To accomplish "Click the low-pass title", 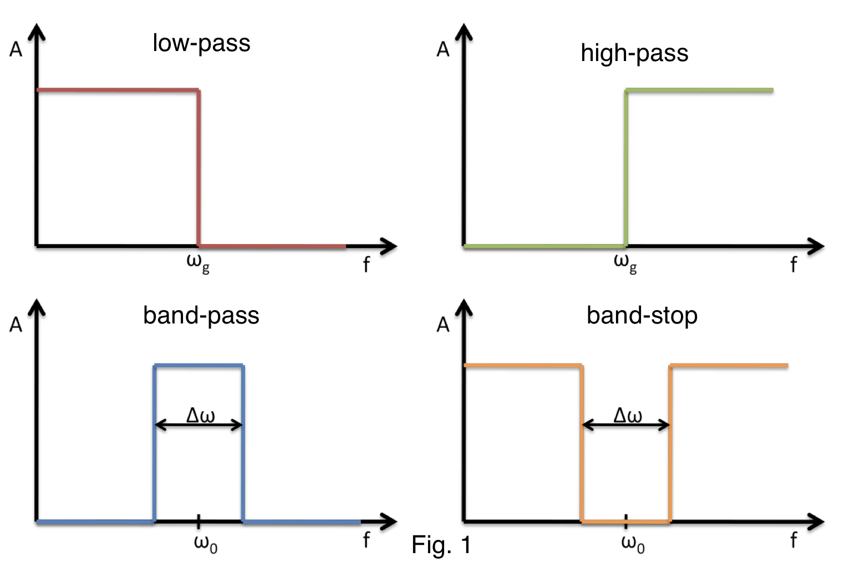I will pyautogui.click(x=201, y=43).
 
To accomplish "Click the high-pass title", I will pyautogui.click(x=634, y=53).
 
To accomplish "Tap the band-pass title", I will pyautogui.click(x=201, y=315).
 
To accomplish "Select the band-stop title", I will pyautogui.click(x=642, y=315).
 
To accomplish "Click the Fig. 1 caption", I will pyautogui.click(x=441, y=545).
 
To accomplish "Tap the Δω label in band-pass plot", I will pyautogui.click(x=200, y=415).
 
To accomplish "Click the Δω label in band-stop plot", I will pyautogui.click(x=628, y=415).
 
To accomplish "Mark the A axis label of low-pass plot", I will pyautogui.click(x=16, y=50).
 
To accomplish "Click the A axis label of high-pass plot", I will pyautogui.click(x=442, y=50).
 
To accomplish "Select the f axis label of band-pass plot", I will pyautogui.click(x=366, y=539).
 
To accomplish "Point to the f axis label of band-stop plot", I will pyautogui.click(x=793, y=539).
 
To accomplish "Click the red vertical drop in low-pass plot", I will pyautogui.click(x=199, y=166).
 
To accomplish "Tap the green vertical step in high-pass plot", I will pyautogui.click(x=626, y=166).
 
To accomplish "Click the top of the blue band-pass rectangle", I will pyautogui.click(x=199, y=365).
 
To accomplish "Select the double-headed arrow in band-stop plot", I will pyautogui.click(x=626, y=426).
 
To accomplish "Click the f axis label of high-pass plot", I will pyautogui.click(x=793, y=265).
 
